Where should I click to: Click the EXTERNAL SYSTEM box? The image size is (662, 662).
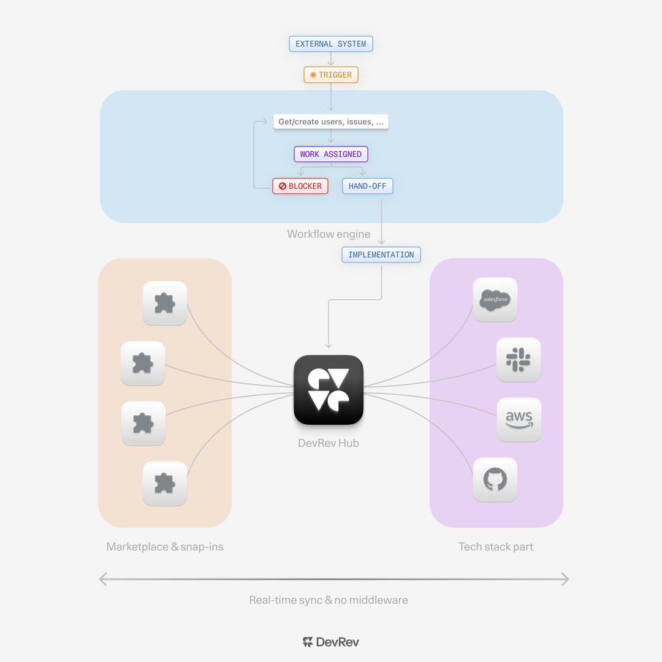pos(331,44)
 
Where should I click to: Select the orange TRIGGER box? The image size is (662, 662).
pos(331,75)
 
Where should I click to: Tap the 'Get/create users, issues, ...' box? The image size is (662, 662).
pos(331,122)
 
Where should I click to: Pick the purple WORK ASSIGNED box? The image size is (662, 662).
pos(331,154)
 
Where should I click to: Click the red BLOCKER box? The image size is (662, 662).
pos(300,186)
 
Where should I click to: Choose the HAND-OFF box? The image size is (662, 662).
pos(368,186)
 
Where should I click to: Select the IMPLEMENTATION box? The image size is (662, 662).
pos(381,254)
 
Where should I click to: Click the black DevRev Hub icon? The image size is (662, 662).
pos(329,390)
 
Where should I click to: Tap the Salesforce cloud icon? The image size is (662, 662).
pos(495,300)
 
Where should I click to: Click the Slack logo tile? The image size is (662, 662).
pos(519,360)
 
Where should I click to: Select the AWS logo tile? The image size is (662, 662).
pos(519,420)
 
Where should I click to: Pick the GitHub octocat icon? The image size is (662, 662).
pos(495,480)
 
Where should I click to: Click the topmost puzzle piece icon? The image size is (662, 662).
pos(165,303)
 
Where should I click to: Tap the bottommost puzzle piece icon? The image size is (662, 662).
pos(165,484)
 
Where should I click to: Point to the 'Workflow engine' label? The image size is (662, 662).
pos(329,234)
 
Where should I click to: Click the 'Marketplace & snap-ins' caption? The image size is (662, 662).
pos(165,547)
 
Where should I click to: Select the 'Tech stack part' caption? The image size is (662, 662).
pos(496,547)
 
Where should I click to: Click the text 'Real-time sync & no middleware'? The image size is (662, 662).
pos(329,600)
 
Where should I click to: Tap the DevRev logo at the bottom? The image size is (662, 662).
pos(331,642)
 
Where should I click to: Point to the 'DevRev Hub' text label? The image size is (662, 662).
pos(329,443)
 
